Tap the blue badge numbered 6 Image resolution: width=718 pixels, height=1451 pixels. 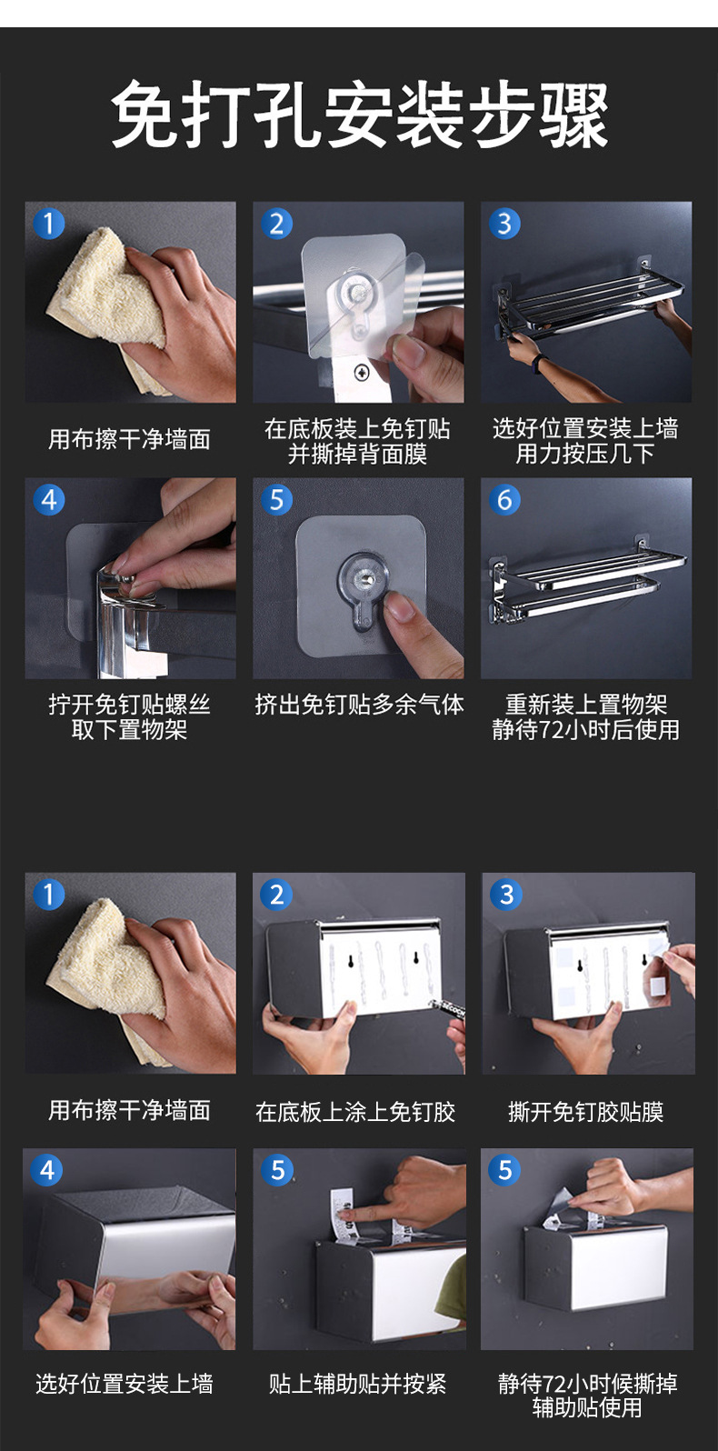point(504,500)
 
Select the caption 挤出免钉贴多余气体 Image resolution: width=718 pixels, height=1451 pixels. point(359,704)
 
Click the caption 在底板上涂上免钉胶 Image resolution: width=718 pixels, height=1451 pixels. point(355,1112)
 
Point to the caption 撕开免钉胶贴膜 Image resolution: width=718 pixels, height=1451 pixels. point(586,1112)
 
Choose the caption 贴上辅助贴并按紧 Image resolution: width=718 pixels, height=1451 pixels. point(357,1384)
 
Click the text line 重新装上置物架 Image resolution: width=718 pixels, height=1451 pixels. point(586,704)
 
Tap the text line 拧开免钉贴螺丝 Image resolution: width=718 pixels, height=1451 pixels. point(129,704)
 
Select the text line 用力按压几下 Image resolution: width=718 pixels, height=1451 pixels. point(584,454)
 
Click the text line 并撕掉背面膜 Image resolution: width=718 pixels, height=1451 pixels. point(357,454)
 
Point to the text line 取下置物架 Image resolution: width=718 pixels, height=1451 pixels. point(129,729)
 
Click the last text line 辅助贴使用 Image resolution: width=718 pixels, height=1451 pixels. point(587,1407)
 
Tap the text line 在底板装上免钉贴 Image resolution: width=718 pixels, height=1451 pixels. point(357,429)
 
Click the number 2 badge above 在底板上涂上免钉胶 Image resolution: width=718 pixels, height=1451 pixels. point(276,895)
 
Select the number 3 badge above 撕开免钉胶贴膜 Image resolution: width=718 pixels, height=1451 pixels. point(506,895)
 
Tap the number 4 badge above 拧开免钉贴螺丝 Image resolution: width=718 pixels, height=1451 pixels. point(49,500)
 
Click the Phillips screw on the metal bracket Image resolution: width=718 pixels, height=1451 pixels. point(360,373)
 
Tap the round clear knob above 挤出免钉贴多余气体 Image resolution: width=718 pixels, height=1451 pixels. point(363,575)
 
